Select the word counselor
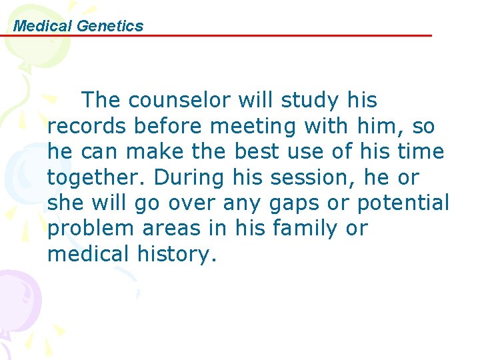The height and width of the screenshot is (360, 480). pos(168,101)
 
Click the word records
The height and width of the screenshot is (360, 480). pos(87,126)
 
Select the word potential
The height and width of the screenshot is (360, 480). pos(403,203)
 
